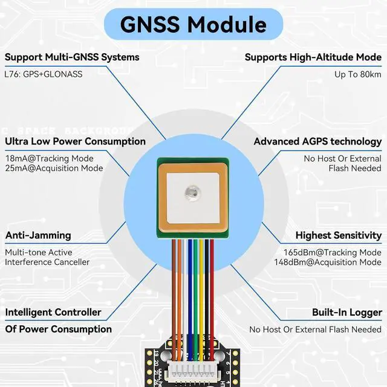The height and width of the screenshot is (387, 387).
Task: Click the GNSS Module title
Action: click(x=193, y=24)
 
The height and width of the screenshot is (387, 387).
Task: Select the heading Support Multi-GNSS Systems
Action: click(x=72, y=57)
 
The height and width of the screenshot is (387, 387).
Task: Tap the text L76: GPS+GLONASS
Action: click(x=44, y=74)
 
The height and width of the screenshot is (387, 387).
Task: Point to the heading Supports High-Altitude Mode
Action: click(x=313, y=57)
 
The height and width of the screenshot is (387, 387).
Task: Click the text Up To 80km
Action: click(x=358, y=74)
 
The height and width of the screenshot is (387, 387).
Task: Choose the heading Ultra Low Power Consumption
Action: click(x=75, y=141)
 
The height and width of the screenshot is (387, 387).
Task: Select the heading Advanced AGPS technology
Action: click(x=317, y=141)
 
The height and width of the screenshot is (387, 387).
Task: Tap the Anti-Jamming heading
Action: click(x=38, y=235)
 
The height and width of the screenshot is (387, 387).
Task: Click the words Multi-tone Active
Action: click(x=40, y=252)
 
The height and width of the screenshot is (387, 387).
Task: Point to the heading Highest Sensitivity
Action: click(x=338, y=235)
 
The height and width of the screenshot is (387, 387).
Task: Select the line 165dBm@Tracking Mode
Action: click(x=333, y=252)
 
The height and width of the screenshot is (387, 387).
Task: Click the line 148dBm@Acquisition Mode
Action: click(x=328, y=262)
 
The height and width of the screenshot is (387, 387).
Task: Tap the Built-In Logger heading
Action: click(x=346, y=313)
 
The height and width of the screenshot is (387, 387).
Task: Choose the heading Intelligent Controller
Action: click(x=53, y=313)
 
